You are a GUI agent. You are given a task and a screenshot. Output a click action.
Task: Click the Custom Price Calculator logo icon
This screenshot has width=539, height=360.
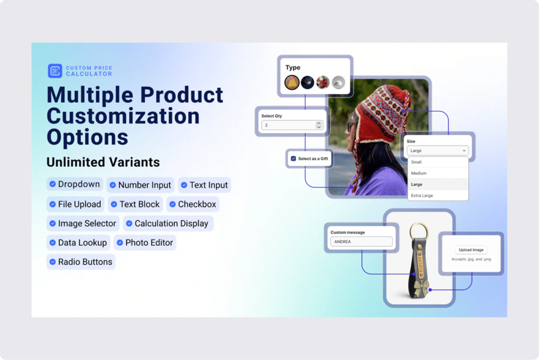(x=55, y=71)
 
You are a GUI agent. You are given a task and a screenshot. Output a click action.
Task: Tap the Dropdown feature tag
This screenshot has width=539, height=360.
(x=75, y=184)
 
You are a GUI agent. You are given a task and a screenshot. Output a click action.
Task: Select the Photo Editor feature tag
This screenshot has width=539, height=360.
(x=145, y=243)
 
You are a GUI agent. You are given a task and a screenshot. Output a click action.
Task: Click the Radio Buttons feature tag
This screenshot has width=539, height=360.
(x=81, y=262)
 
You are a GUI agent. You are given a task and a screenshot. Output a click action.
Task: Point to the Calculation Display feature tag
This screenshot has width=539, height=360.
(x=168, y=224)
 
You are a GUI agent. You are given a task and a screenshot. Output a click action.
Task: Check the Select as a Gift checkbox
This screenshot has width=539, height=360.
(x=293, y=158)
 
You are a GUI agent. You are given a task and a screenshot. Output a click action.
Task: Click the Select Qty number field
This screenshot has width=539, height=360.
(x=292, y=125)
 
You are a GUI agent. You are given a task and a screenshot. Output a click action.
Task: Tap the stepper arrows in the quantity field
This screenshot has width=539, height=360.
(x=318, y=125)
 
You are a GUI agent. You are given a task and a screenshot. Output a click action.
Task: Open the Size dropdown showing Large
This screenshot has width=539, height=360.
(x=437, y=151)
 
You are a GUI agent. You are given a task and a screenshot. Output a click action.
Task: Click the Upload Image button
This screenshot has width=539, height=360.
(x=471, y=250)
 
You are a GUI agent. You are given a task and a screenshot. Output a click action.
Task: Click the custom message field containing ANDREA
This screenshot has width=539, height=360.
(x=361, y=242)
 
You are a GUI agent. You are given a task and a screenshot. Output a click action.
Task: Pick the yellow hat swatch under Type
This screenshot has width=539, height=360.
(x=292, y=83)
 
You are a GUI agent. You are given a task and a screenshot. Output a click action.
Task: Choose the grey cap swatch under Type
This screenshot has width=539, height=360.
(x=338, y=83)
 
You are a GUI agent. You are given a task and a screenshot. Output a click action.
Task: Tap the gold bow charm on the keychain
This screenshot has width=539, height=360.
(x=422, y=287)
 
